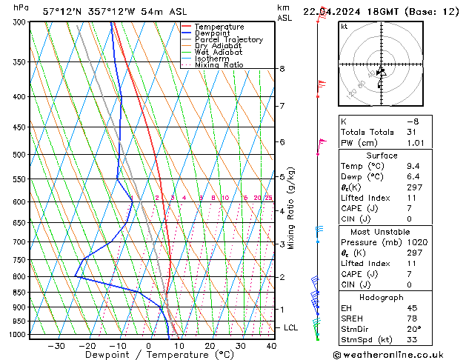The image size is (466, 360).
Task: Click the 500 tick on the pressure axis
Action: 20,155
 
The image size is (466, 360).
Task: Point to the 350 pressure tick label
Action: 20,61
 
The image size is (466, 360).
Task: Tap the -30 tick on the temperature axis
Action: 56,345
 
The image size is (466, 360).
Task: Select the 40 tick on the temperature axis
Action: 271,345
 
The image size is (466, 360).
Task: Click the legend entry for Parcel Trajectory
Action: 228,39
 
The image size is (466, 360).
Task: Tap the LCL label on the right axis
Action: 291,327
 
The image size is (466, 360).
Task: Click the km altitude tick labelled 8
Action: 282,69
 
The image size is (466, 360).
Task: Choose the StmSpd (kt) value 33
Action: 413,340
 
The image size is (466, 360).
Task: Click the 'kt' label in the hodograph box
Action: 344,26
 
